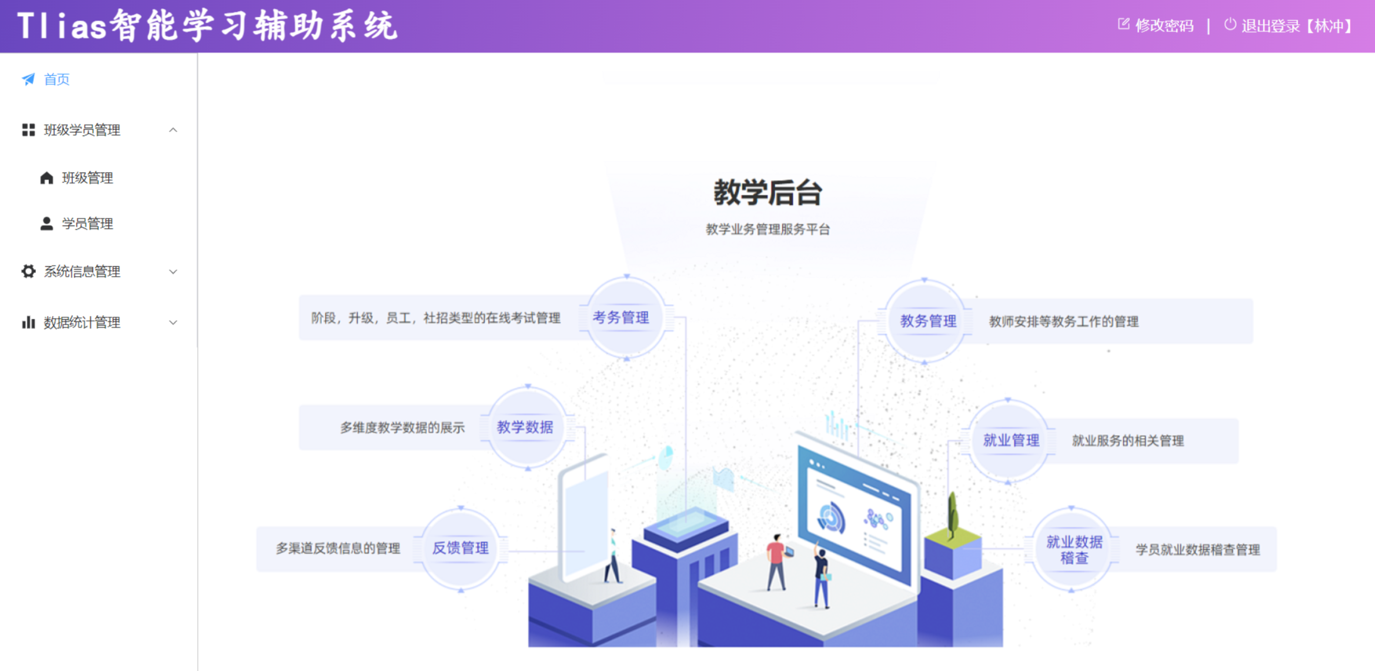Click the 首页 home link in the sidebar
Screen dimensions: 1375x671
[56, 79]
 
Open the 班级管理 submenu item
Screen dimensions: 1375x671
[87, 178]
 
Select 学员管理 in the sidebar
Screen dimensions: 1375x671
[87, 224]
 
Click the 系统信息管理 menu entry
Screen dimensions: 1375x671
[82, 271]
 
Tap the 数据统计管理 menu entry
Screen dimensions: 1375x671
[82, 323]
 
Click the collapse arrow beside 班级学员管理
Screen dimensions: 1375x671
[173, 130]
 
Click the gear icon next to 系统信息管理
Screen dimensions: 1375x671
[28, 271]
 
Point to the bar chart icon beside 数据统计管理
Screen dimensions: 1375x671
[28, 323]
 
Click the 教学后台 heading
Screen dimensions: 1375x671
[767, 192]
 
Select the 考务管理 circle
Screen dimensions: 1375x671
[621, 318]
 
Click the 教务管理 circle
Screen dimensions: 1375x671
[928, 321]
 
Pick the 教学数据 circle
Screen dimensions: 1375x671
[525, 427]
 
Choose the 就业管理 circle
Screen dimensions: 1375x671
[1011, 440]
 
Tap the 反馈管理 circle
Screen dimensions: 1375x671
[460, 549]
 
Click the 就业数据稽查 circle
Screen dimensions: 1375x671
[1074, 550]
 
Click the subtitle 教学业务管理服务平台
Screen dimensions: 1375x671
[767, 230]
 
